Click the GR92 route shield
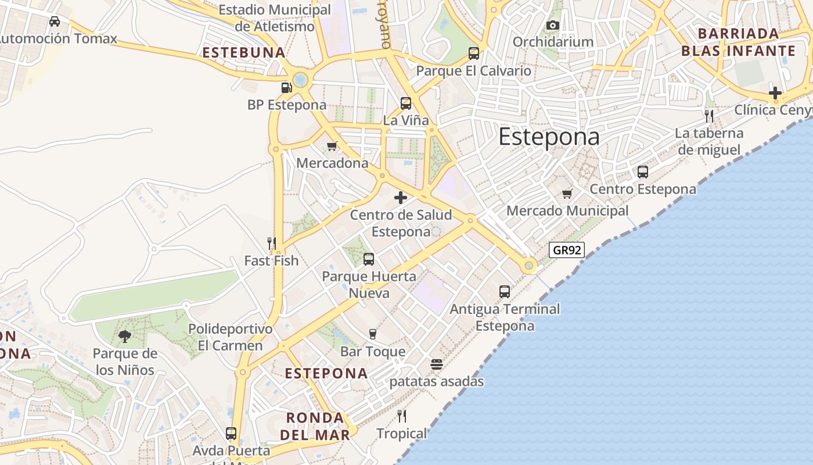[566, 250]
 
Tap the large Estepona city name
[549, 137]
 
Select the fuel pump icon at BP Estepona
[286, 88]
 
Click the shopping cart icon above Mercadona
[332, 146]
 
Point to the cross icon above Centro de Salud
[401, 198]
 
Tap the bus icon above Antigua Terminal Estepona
[505, 292]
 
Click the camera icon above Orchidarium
[552, 25]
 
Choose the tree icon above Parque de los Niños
[124, 336]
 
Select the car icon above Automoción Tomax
[55, 22]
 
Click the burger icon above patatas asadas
[437, 364]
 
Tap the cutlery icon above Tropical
[401, 416]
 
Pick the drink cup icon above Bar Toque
[373, 334]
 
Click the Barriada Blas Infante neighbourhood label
[738, 42]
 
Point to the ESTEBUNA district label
[244, 53]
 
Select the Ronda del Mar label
[315, 426]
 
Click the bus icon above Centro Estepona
[642, 172]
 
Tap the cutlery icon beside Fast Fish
[271, 243]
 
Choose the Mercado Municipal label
[567, 210]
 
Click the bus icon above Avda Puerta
[231, 433]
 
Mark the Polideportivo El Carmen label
[231, 337]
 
